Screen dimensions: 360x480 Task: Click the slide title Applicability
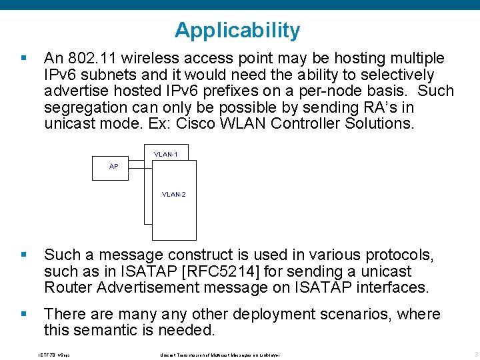click(237, 30)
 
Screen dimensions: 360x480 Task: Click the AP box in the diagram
click(114, 166)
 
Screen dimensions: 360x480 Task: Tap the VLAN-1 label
click(165, 154)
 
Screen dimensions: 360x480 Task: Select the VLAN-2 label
click(174, 195)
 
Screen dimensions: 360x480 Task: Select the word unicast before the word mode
click(69, 123)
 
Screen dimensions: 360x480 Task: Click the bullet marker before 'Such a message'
click(25, 255)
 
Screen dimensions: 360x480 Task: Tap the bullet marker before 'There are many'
click(25, 313)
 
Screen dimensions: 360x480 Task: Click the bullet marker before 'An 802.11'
click(25, 58)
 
